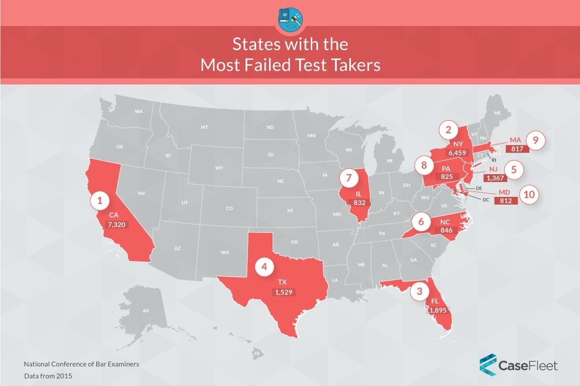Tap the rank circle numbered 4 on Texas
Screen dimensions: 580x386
[265, 267]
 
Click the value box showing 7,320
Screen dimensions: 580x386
[117, 224]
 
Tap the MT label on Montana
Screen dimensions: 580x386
[204, 128]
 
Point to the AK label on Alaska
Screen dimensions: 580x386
[146, 311]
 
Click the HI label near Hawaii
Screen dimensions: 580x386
[257, 354]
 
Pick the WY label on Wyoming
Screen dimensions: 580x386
[219, 168]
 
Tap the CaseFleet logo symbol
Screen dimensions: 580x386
[488, 364]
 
